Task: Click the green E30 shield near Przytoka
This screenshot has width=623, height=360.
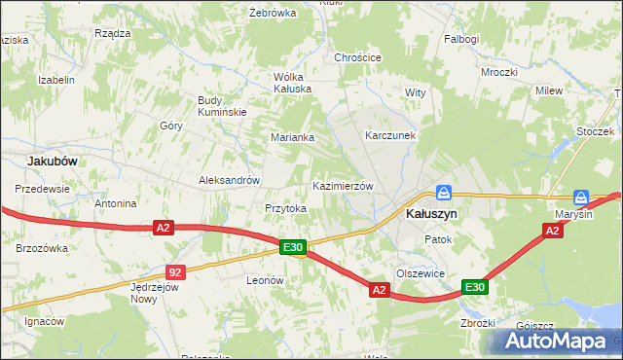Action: click(x=294, y=248)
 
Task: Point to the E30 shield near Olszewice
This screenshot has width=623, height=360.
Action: click(x=474, y=287)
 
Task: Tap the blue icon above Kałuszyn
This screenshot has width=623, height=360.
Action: click(x=444, y=194)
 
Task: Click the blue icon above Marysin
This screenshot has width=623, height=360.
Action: click(x=581, y=197)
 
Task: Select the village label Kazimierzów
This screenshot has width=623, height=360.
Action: click(x=342, y=186)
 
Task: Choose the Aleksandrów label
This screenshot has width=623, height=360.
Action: click(x=229, y=180)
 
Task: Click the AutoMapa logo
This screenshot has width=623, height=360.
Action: click(x=553, y=341)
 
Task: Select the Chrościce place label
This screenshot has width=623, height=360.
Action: click(x=357, y=57)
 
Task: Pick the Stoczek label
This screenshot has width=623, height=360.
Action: click(x=594, y=131)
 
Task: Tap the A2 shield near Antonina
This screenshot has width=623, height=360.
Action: click(x=163, y=228)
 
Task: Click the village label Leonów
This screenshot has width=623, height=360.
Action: click(x=265, y=280)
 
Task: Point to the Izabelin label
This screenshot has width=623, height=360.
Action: click(x=55, y=80)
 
